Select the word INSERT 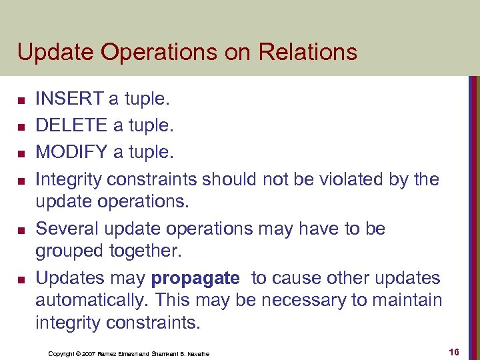click(69, 99)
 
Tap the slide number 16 click(456, 351)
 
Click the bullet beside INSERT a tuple click(21, 101)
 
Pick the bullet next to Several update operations click(21, 231)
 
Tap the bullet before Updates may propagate click(21, 280)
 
